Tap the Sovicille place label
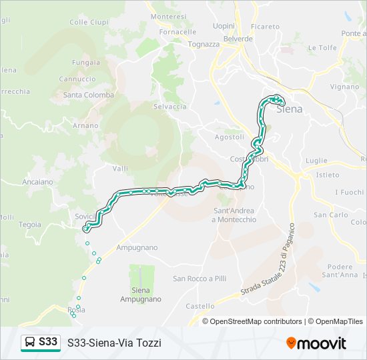point(85,216)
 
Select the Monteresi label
point(169,16)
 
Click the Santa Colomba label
point(87,95)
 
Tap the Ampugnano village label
point(137,247)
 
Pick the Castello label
point(200,306)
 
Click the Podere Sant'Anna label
point(344,271)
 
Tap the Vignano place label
point(344,87)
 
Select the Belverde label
point(238,39)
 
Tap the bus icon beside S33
point(30,342)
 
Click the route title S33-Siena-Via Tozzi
point(114,343)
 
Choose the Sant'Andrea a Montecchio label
point(234,215)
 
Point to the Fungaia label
point(87,63)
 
